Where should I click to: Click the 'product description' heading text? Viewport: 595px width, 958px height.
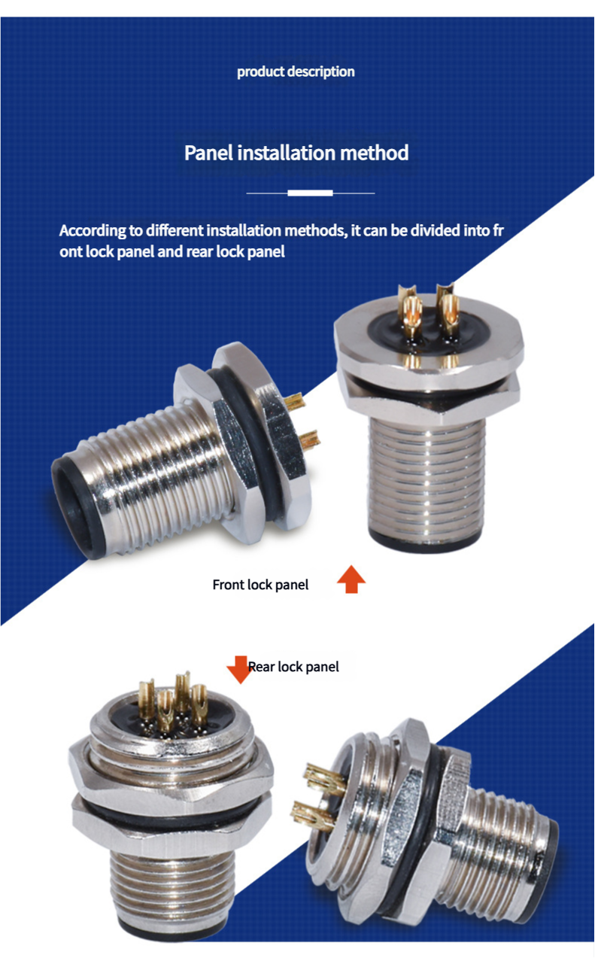click(296, 71)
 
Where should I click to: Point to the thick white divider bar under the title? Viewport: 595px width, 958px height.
click(310, 193)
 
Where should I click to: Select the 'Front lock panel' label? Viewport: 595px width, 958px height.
click(260, 585)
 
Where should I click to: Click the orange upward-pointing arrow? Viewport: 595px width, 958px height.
click(351, 579)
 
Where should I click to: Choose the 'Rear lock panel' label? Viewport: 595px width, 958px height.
click(293, 667)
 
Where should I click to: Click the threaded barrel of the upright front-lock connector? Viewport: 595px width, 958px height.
click(427, 479)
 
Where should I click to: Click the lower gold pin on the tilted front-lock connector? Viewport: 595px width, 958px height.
click(309, 441)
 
